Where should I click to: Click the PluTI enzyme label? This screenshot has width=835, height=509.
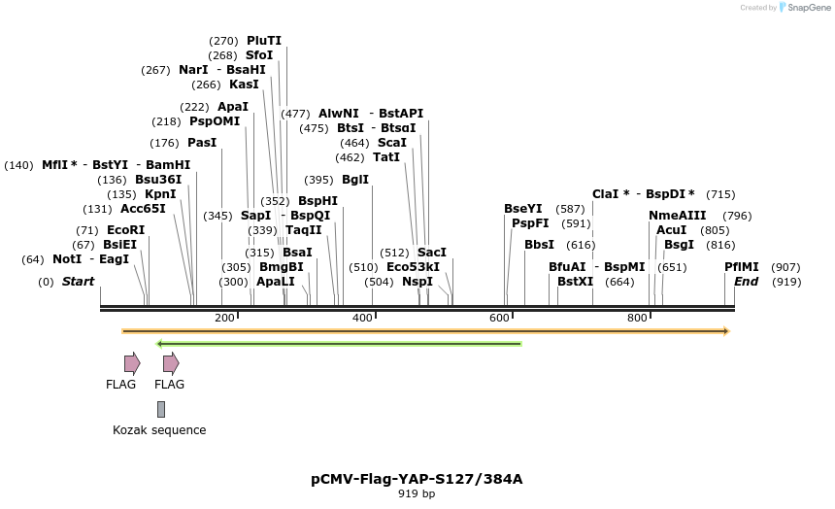(263, 41)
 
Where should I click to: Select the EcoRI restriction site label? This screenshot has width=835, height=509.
(125, 230)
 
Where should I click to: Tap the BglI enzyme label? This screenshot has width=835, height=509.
(355, 180)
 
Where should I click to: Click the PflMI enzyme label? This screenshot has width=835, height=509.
(742, 267)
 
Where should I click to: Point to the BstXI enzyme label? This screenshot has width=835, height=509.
(575, 282)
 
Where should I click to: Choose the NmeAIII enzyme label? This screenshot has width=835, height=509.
(678, 216)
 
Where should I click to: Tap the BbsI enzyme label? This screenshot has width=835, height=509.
(539, 245)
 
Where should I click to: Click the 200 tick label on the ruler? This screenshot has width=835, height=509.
(224, 319)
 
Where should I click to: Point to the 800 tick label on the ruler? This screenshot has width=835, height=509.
(637, 319)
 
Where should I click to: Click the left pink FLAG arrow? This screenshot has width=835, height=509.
(132, 363)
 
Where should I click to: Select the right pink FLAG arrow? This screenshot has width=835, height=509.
(171, 363)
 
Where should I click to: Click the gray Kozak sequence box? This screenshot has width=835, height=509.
(161, 409)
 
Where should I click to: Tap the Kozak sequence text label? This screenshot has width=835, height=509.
(159, 430)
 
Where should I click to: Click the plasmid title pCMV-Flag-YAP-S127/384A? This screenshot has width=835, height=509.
(417, 479)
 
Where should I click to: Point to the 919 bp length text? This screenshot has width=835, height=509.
(417, 494)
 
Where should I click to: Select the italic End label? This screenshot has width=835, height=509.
(746, 282)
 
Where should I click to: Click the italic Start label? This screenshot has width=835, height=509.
(79, 282)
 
